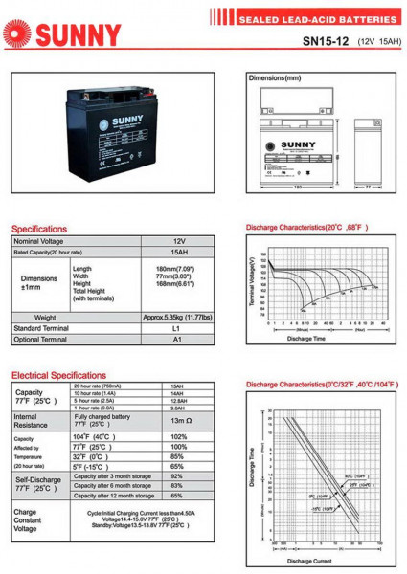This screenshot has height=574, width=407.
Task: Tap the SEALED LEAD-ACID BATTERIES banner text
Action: pos(317,19)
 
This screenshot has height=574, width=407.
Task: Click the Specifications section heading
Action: pos(39,230)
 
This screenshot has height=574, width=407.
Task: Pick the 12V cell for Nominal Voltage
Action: pos(178,241)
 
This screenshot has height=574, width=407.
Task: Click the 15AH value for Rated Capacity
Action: pos(178,252)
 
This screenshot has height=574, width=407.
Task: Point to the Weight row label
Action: pos(45,317)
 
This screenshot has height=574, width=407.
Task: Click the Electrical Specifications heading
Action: pos(58,376)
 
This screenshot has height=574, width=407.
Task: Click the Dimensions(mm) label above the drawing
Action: pos(274,77)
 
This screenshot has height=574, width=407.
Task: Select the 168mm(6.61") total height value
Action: pos(176,283)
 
